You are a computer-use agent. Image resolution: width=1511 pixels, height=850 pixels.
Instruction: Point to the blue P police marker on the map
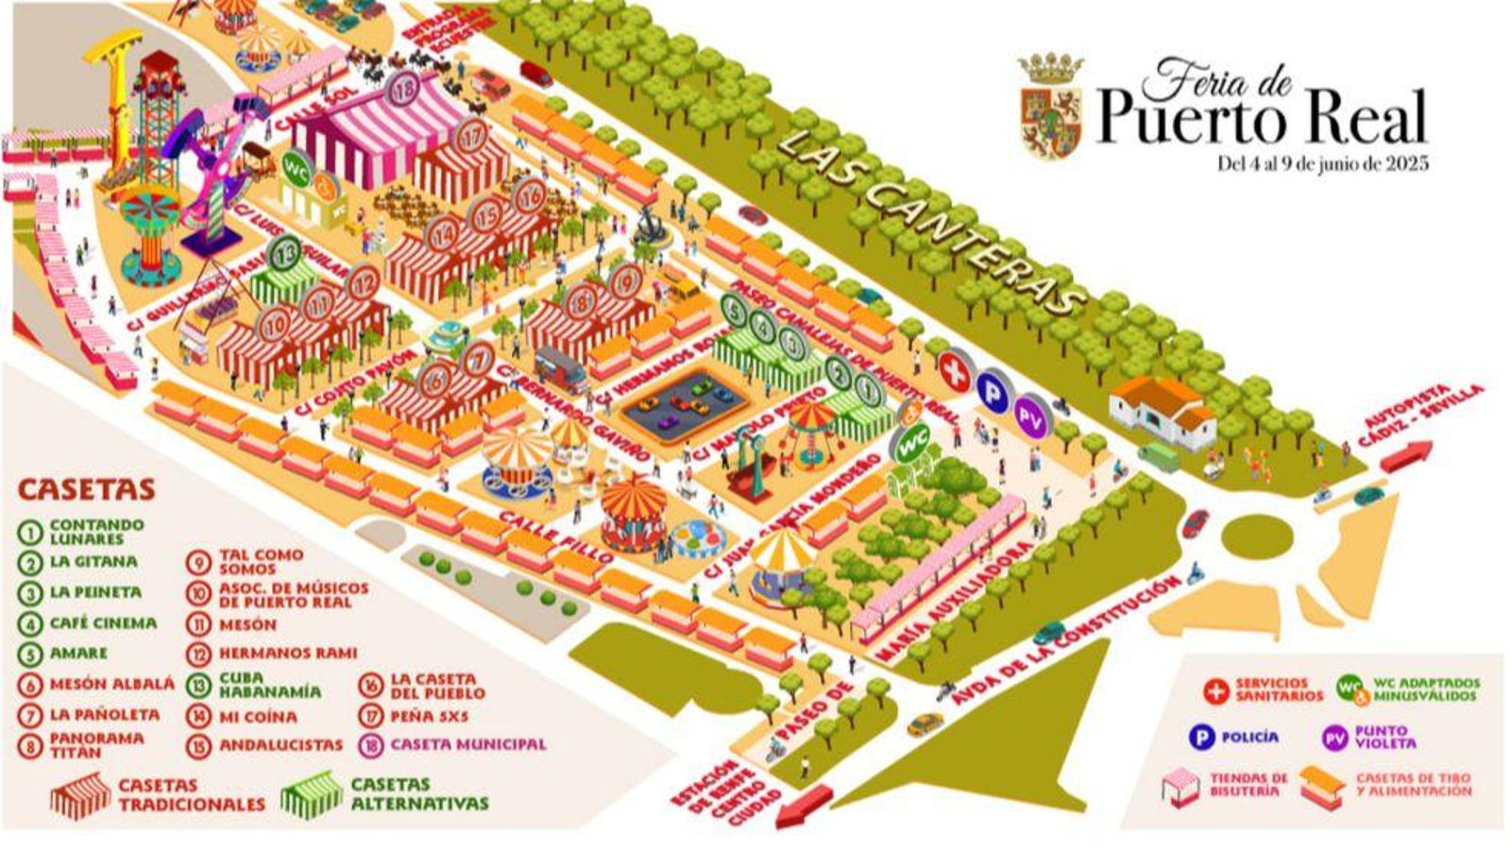click(x=992, y=390)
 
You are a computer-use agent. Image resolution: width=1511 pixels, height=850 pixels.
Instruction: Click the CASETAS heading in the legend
click(x=86, y=489)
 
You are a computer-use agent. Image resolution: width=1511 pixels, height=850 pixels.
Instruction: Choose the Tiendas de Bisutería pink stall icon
click(x=1180, y=786)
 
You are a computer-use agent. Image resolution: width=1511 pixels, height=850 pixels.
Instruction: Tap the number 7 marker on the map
click(x=479, y=359)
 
